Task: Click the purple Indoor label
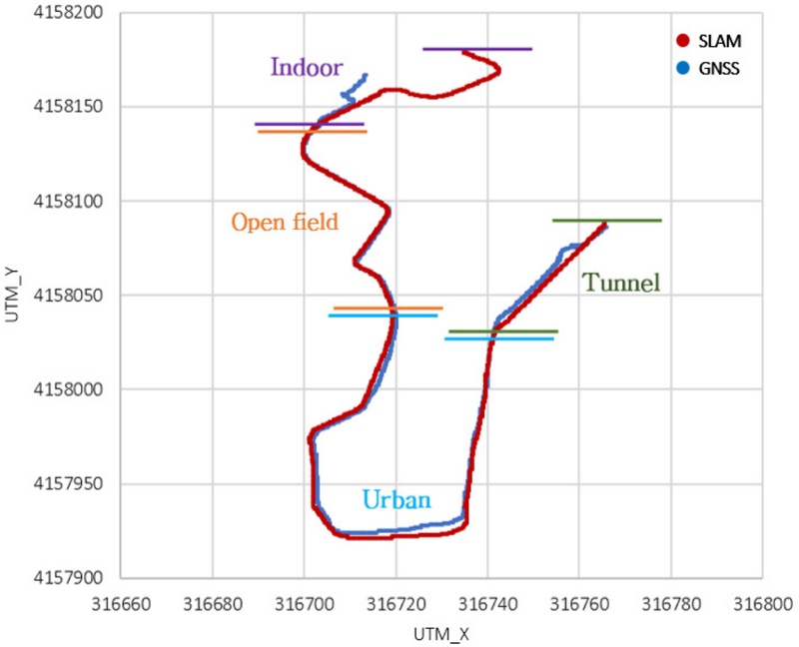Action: coord(306,68)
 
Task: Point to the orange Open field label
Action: coord(285,222)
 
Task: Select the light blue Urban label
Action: coord(396,499)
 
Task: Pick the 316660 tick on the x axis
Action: coord(120,602)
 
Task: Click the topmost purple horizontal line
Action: coord(477,48)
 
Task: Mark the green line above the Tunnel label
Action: coord(606,220)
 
